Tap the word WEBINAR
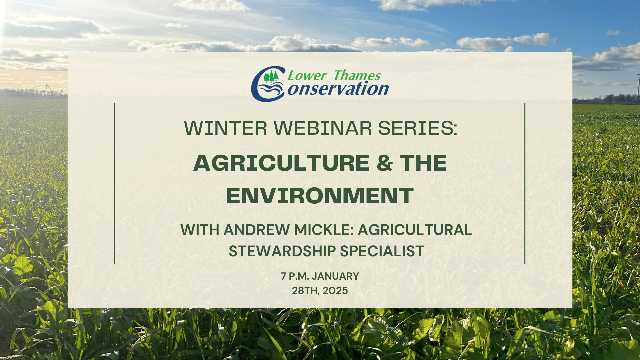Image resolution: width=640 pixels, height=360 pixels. pyautogui.click(x=323, y=128)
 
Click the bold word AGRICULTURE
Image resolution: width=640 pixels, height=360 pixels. pyautogui.click(x=281, y=163)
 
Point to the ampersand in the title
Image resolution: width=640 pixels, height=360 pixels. pyautogui.click(x=385, y=163)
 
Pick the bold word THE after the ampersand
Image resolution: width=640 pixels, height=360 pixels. pyautogui.click(x=424, y=163)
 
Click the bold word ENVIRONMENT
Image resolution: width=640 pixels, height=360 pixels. pyautogui.click(x=320, y=196)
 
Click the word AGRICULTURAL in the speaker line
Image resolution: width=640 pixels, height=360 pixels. pyautogui.click(x=415, y=230)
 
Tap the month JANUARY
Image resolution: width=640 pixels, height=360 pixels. pyautogui.click(x=335, y=276)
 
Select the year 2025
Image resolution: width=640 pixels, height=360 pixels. pyautogui.click(x=335, y=291)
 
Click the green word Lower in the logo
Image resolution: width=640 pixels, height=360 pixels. pyautogui.click(x=307, y=76)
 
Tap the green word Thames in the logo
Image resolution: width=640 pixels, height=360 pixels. pyautogui.click(x=357, y=76)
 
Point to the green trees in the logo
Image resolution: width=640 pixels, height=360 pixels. pyautogui.click(x=271, y=76)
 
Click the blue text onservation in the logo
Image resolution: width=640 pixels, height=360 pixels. pyautogui.click(x=338, y=89)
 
